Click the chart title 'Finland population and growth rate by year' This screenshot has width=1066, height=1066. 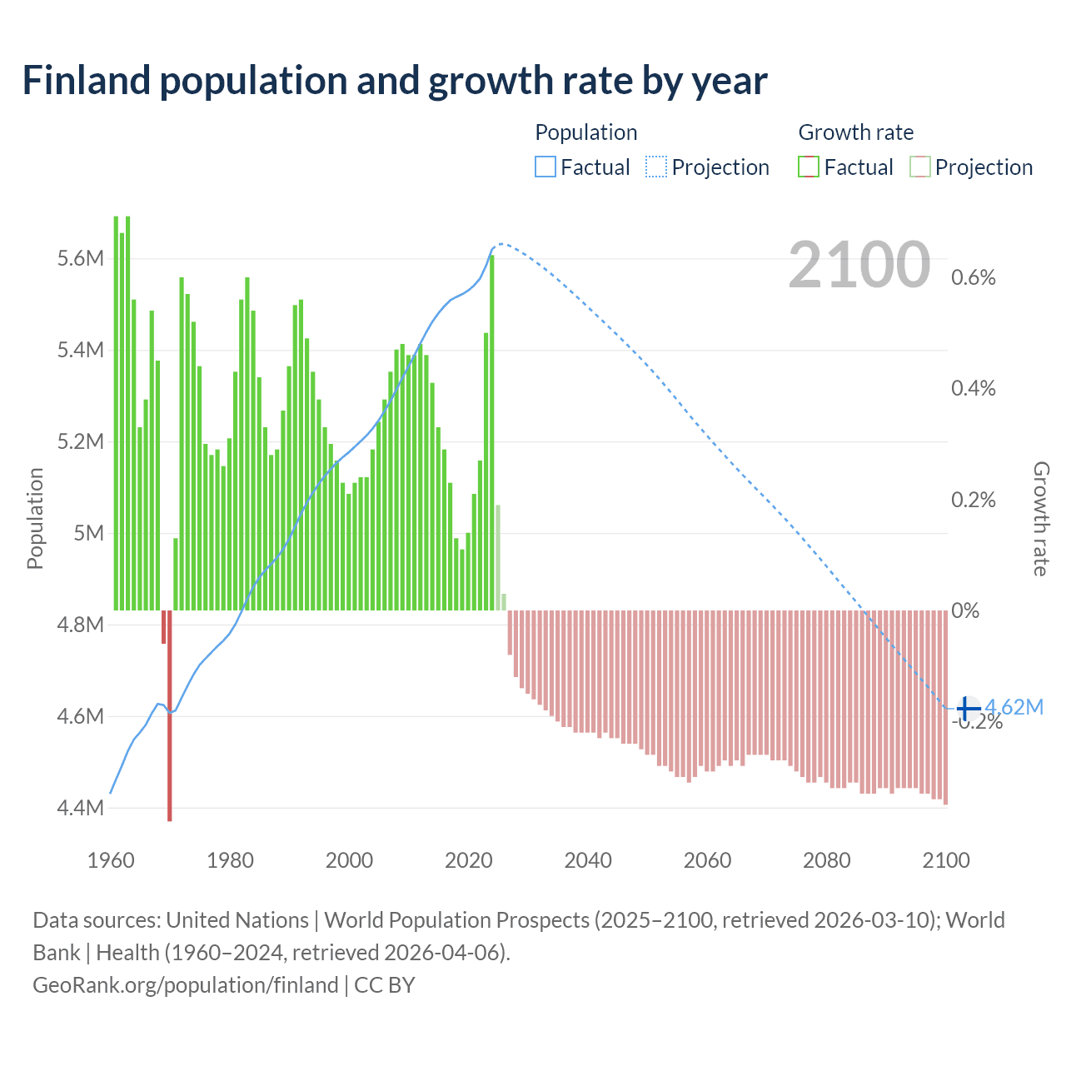pyautogui.click(x=394, y=81)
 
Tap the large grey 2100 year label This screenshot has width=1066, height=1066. pyautogui.click(x=859, y=265)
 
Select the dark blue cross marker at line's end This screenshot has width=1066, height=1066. pyautogui.click(x=967, y=708)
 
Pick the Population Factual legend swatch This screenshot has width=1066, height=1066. pyautogui.click(x=545, y=167)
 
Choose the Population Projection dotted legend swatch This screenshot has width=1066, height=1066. pyautogui.click(x=656, y=167)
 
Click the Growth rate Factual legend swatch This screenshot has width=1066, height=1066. pyautogui.click(x=809, y=167)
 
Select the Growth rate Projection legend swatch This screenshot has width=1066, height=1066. pyautogui.click(x=919, y=167)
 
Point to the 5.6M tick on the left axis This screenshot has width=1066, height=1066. pyautogui.click(x=81, y=259)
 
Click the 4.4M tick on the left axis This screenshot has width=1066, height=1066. pyautogui.click(x=81, y=808)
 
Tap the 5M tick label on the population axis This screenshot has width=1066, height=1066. pyautogui.click(x=88, y=533)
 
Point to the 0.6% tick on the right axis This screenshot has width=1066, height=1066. pyautogui.click(x=973, y=278)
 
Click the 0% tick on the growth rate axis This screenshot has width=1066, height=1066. pyautogui.click(x=965, y=610)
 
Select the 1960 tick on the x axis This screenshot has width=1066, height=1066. pyautogui.click(x=111, y=860)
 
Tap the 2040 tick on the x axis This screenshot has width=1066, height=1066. pyautogui.click(x=588, y=860)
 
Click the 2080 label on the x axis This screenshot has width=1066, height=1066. pyautogui.click(x=827, y=860)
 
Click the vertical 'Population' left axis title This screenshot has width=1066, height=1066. pyautogui.click(x=35, y=518)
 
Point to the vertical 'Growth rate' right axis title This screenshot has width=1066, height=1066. pyautogui.click(x=1040, y=518)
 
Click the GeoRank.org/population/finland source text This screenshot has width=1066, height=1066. pyautogui.click(x=186, y=985)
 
